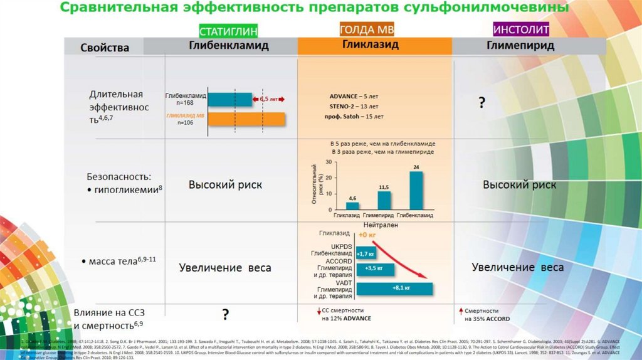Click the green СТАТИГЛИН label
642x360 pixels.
228,31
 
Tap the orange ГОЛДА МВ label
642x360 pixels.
367,30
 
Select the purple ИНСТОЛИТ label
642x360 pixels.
521,30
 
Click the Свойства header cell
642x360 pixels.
105,48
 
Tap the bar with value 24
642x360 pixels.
416,190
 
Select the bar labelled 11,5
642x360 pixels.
384,200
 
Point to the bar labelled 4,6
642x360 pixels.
352,205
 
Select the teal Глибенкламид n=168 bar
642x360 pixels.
229,99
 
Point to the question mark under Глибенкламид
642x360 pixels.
224,314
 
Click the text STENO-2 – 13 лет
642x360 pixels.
355,107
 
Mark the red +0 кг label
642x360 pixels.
367,235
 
